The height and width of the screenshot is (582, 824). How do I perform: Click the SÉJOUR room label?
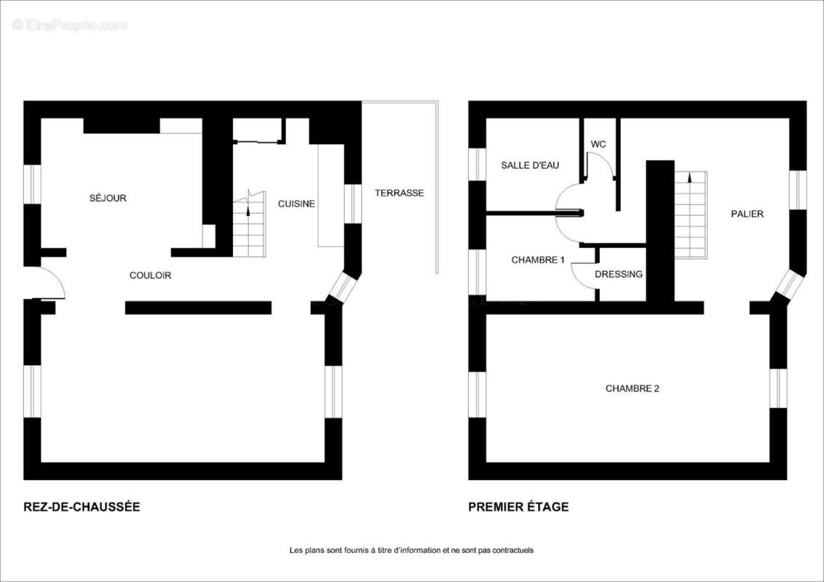[x=108, y=198]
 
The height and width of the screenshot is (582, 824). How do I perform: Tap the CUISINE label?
[x=296, y=204]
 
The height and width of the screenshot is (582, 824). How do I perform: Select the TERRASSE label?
[x=400, y=193]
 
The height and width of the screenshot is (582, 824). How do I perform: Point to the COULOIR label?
[x=150, y=275]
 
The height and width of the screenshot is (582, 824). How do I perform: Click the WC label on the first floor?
[x=598, y=144]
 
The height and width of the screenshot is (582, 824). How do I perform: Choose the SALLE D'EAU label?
[x=530, y=165]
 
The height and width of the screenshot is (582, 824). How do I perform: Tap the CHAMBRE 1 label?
[x=538, y=260]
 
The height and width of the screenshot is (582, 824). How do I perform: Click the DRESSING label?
[x=619, y=274]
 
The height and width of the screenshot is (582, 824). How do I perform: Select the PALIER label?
[x=747, y=214]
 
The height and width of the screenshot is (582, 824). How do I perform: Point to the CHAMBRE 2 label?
[x=632, y=388]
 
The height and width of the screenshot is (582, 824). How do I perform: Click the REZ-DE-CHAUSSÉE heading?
[x=82, y=507]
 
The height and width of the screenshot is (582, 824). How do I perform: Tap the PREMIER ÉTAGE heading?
[x=518, y=507]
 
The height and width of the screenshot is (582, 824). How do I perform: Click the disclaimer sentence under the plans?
[x=411, y=551]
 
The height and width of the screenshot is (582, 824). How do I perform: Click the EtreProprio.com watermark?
[x=69, y=25]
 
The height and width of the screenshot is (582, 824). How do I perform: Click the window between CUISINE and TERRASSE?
[x=352, y=203]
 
